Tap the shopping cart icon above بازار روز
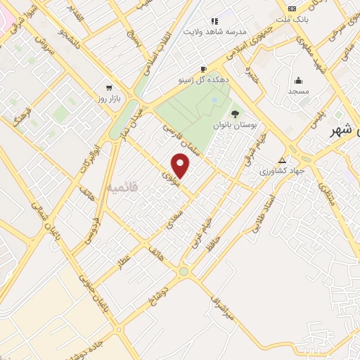[x=108, y=88]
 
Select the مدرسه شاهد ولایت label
[x=214, y=32]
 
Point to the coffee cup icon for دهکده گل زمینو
[x=203, y=69]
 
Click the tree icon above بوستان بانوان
[x=235, y=112]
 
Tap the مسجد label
[x=298, y=91]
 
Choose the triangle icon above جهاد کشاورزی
[x=283, y=160]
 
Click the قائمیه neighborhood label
[x=124, y=188]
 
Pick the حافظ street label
[x=210, y=243]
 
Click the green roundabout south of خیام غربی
[x=184, y=271]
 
